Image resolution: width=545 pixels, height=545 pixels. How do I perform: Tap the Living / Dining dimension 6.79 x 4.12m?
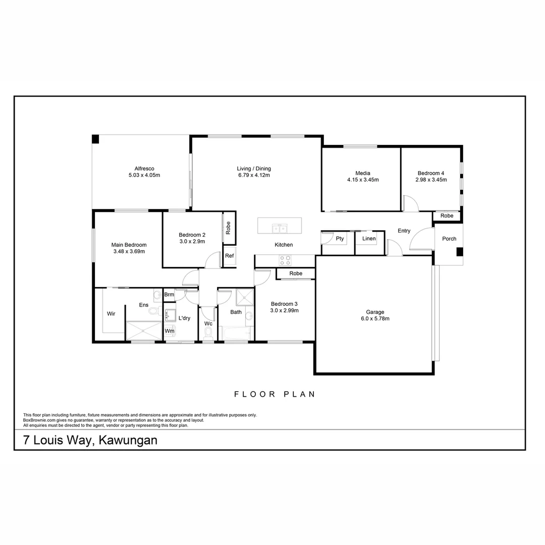point(254,176)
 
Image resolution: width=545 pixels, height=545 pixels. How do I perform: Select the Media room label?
point(362,173)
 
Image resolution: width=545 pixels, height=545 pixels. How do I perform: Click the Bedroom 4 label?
point(431,173)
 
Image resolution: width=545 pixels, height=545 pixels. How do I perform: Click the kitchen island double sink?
point(280,229)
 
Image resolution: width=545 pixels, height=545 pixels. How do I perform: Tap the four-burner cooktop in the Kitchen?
point(285,260)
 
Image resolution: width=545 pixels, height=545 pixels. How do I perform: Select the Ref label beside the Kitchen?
point(230,256)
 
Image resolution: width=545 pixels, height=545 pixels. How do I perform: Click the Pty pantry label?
point(340,239)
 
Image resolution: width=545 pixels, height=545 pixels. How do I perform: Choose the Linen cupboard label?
point(369,239)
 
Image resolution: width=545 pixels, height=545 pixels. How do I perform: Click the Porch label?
point(449,239)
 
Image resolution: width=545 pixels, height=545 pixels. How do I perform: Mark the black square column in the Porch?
point(460,252)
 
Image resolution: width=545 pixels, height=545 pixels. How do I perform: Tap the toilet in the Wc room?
point(208,333)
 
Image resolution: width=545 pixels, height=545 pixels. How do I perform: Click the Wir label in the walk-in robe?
point(111,313)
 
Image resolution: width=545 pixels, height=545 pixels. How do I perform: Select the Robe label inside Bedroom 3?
point(296,274)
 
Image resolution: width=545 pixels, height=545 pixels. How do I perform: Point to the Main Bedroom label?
point(129,245)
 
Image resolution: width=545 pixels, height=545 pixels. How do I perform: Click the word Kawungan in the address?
point(128,440)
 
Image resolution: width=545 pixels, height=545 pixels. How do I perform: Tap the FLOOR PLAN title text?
point(275,394)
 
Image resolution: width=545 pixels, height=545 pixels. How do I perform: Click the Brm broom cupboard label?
point(169,295)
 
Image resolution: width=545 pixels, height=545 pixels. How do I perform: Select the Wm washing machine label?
point(170,331)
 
